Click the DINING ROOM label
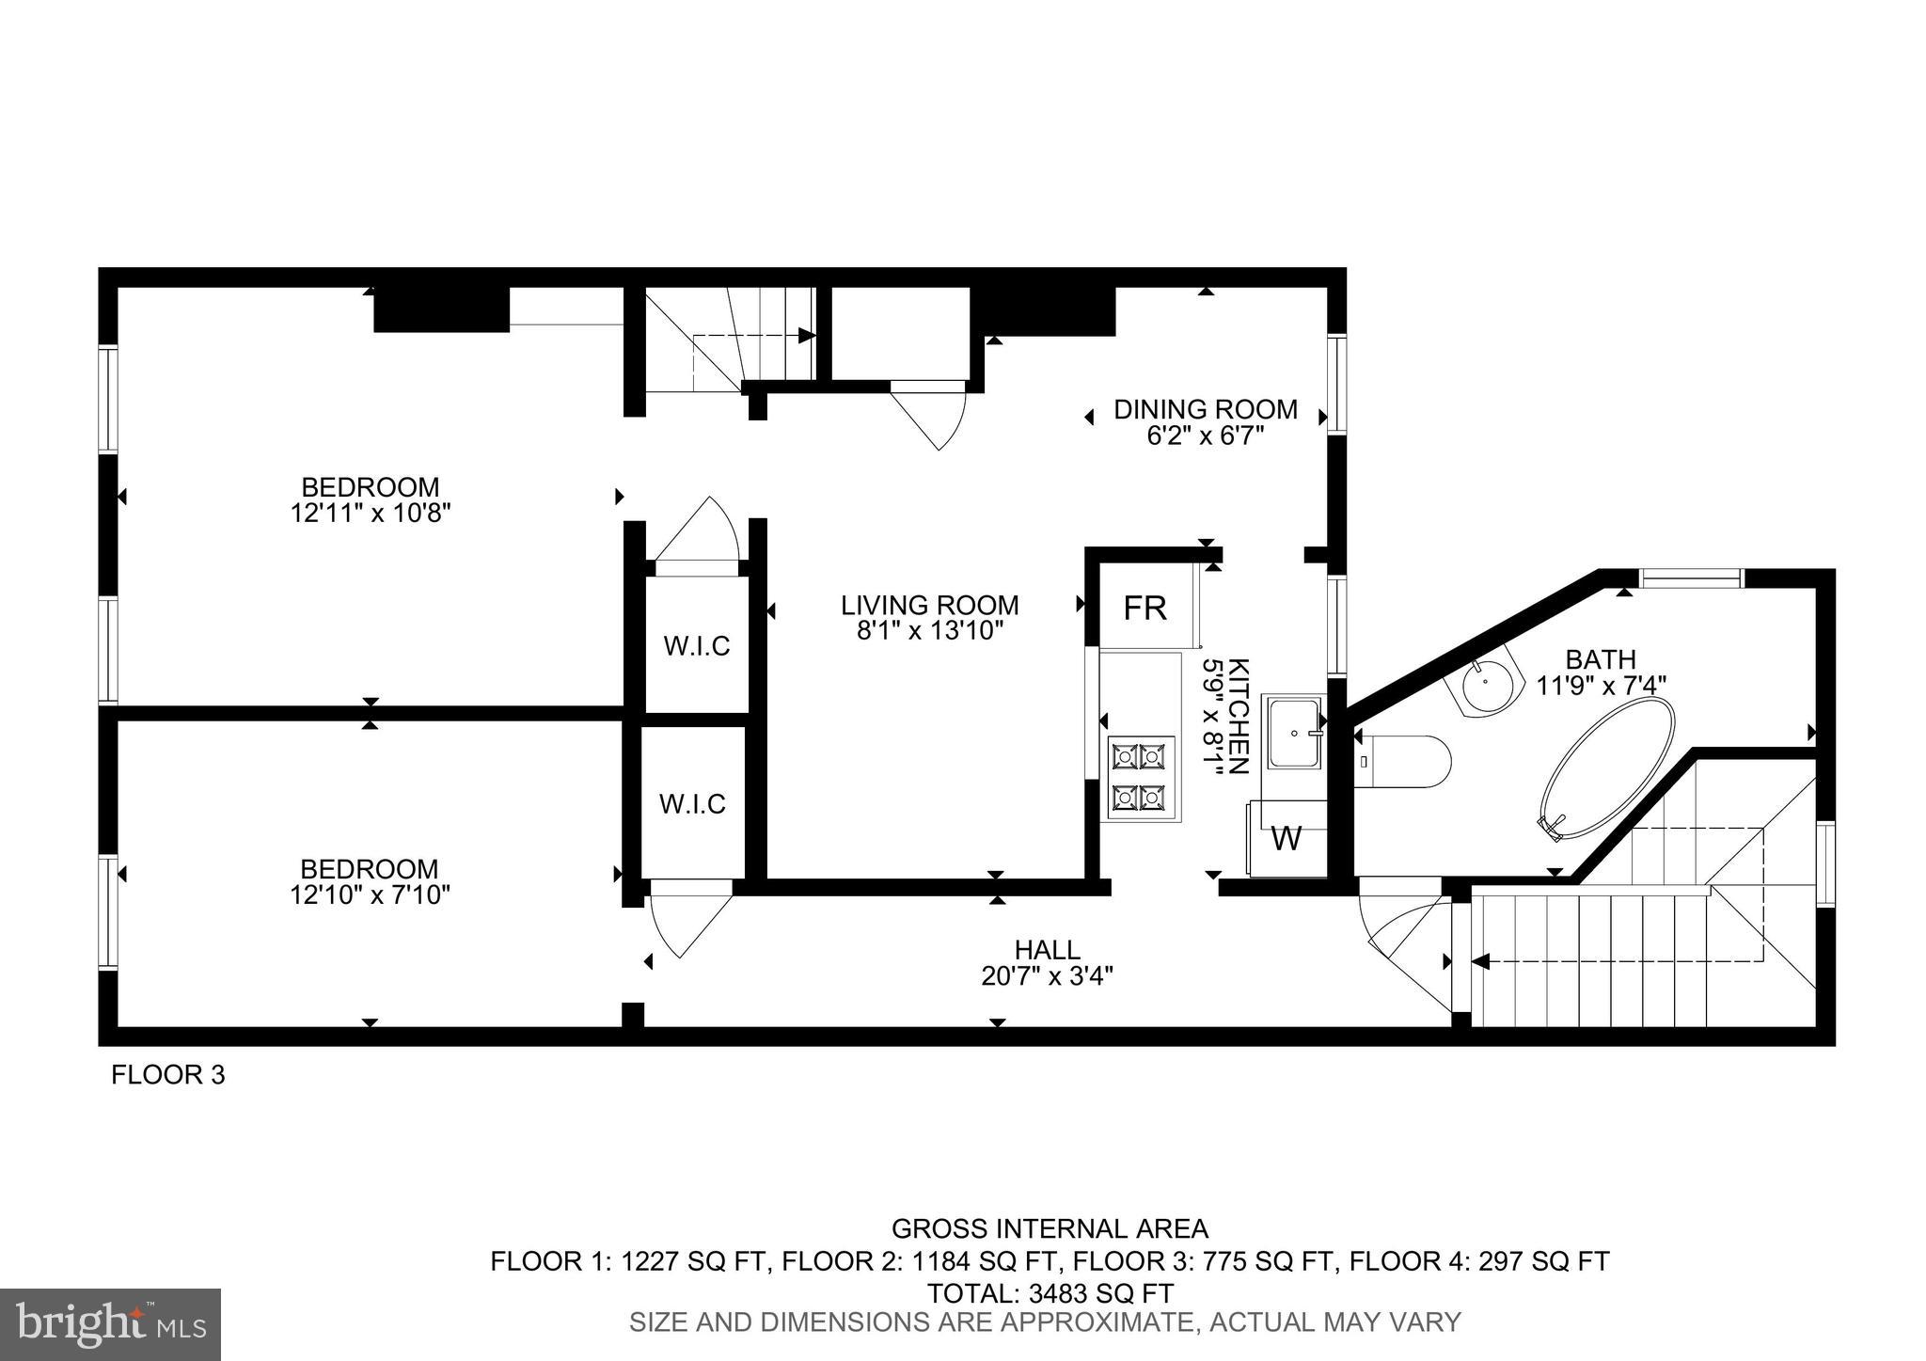1206,410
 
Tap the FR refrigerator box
1145,609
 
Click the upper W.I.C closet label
697,647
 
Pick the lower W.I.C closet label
692,804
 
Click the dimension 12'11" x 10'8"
371,514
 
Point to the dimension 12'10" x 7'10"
371,895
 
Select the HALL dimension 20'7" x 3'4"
1047,976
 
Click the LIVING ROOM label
929,605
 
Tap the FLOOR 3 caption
168,1075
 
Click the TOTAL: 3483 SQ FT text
1050,1292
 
